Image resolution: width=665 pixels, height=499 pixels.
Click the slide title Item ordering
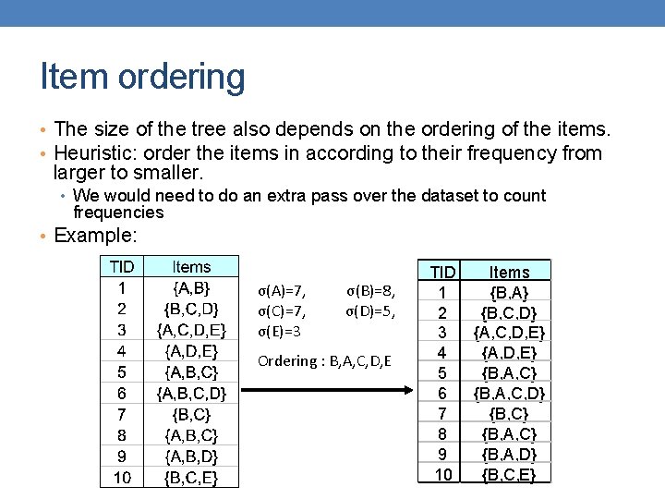pos(143,77)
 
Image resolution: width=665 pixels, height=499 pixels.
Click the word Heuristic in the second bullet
pos(93,153)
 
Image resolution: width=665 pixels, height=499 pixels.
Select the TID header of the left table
pos(122,267)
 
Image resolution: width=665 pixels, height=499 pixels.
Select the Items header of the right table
pos(509,272)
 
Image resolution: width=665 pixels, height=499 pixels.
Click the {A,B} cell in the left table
pos(191,287)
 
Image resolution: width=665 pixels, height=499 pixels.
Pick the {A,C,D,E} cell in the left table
pos(191,328)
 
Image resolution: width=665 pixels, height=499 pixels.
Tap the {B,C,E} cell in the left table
pos(191,478)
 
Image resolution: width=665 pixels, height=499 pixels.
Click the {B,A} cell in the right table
pos(509,292)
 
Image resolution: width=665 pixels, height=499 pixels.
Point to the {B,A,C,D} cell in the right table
pos(509,394)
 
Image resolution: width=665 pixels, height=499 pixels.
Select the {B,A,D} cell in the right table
pos(509,455)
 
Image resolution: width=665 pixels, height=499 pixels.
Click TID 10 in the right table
pos(442,475)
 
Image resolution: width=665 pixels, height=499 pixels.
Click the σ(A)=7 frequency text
pos(283,292)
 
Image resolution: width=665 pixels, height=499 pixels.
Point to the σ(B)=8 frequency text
pos(370,292)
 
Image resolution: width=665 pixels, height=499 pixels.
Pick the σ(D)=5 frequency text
pos(370,311)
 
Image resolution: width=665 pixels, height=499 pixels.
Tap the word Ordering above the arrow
pos(286,360)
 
